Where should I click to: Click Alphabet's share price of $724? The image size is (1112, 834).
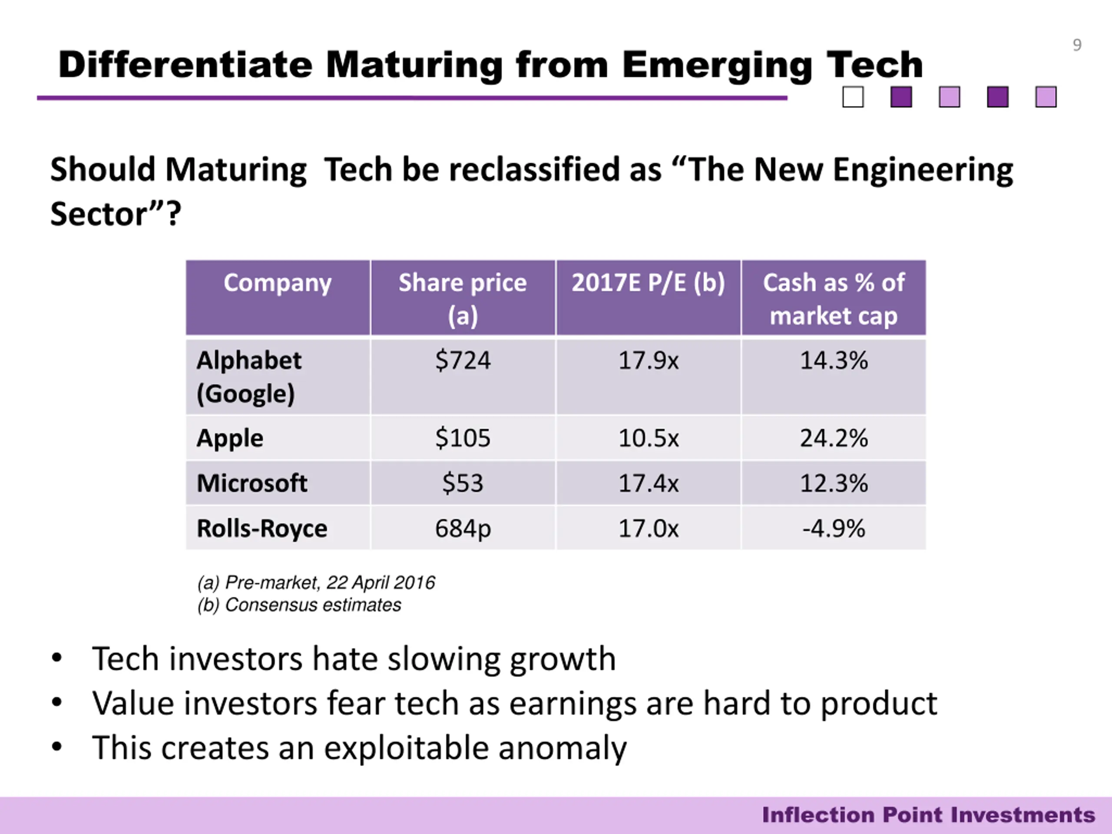463,361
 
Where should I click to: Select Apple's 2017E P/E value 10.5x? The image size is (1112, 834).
648,438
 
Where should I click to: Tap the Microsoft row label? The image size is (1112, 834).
252,483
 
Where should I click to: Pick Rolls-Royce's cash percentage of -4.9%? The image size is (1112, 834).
834,528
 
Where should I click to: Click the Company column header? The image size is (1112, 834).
278,282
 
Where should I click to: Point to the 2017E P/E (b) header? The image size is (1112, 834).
648,282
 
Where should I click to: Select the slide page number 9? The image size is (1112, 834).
1077,45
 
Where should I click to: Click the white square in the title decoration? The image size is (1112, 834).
853,97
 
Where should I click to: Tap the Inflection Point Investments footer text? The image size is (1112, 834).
928,815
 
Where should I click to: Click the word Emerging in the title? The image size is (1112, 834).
717,65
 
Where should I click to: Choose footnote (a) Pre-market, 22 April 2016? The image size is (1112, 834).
316,582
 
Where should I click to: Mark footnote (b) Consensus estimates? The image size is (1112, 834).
299,605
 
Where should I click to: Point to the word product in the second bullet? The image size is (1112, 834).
878,703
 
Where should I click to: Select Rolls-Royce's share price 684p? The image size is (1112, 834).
463,528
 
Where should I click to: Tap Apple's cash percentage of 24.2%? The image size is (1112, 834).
834,438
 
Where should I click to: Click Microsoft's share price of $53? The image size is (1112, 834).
463,483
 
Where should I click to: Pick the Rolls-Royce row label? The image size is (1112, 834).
262,528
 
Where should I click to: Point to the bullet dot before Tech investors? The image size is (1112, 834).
57,658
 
